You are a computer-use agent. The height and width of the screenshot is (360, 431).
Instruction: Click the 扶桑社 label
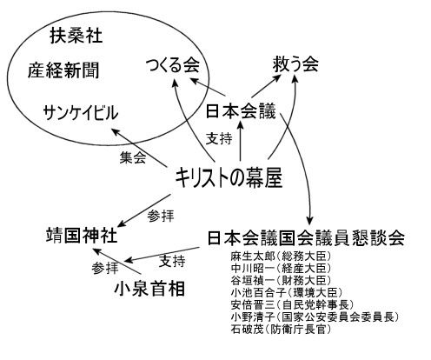(x=76, y=36)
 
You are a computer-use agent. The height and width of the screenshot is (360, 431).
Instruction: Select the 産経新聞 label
(x=63, y=70)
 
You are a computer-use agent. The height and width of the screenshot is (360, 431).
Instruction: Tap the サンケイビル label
(x=81, y=113)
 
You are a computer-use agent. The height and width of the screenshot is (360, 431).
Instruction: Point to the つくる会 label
(x=173, y=65)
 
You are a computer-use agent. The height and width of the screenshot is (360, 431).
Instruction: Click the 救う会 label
(x=295, y=63)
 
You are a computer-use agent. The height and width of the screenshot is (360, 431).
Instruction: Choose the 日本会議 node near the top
(x=241, y=111)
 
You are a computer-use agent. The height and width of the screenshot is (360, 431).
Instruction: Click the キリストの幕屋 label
(x=229, y=177)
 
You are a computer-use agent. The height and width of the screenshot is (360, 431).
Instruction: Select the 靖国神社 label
(x=82, y=235)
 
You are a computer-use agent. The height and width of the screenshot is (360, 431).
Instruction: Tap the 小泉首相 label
(x=149, y=289)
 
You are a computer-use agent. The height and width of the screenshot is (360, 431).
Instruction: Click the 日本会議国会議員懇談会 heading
(x=306, y=238)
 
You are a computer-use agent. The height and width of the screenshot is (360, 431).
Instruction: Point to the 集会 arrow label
(x=133, y=157)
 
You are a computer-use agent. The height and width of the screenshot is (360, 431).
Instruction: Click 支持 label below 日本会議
(x=219, y=138)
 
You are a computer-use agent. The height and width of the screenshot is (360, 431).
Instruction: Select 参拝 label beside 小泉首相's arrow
(x=105, y=268)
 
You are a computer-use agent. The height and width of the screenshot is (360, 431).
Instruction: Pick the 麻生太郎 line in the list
(x=281, y=256)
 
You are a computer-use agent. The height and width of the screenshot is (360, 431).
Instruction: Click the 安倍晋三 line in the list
(x=292, y=305)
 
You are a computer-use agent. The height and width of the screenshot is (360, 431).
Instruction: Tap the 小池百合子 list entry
(x=287, y=293)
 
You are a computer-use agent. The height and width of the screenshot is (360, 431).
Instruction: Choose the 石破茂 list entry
(x=281, y=330)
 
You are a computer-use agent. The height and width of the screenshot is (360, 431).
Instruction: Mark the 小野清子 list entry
(x=315, y=317)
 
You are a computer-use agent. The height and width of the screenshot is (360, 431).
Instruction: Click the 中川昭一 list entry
(x=281, y=268)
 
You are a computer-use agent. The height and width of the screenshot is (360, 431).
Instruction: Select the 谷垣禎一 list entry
(x=281, y=280)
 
